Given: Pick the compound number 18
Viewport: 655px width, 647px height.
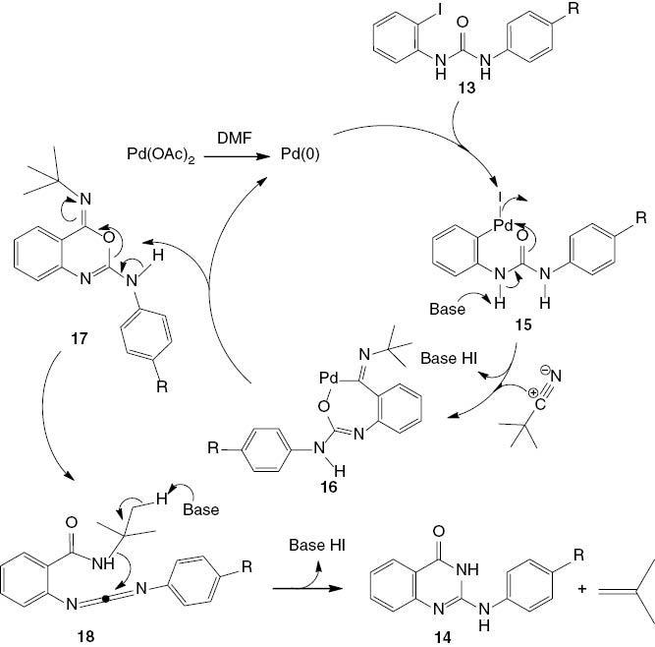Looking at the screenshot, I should coord(98,635).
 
